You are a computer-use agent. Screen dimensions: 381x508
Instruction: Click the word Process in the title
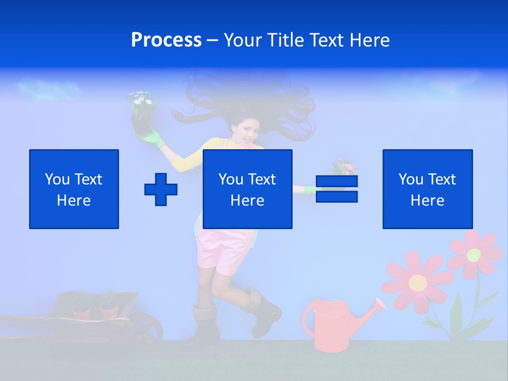pos(166,40)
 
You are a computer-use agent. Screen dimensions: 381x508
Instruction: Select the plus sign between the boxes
pos(161,189)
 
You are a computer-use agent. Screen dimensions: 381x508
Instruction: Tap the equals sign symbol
pos(337,189)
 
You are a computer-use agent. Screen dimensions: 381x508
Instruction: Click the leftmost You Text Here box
pos(74,189)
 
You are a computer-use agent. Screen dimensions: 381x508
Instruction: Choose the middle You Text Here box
pos(248,189)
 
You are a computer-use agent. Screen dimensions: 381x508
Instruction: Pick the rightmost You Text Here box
pos(428,189)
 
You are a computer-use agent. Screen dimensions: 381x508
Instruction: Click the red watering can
pos(331,325)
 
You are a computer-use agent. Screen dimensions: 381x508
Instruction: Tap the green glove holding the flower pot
pos(154,139)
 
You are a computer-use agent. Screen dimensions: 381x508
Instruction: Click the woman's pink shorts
pos(222,249)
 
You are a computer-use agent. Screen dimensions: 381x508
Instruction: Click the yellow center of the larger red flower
pos(418,283)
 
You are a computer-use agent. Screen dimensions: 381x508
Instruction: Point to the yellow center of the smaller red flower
pos(474,255)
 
